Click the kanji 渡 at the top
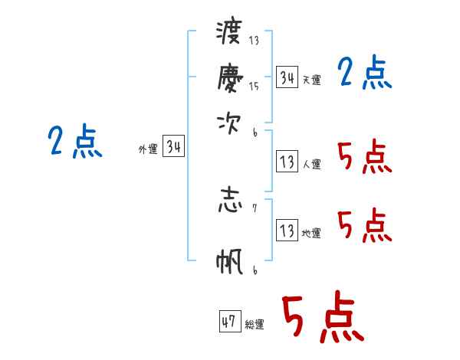tap(228, 32)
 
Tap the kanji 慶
tap(230, 78)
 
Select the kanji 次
tap(228, 124)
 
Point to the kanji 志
tap(230, 201)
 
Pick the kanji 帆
tap(229, 261)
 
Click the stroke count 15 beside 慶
tap(254, 86)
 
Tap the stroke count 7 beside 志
tap(255, 208)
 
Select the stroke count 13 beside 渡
tap(254, 40)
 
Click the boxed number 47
tap(230, 321)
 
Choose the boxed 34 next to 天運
tap(287, 77)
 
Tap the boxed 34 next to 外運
tap(174, 146)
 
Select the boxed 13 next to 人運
tap(287, 161)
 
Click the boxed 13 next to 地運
tap(287, 230)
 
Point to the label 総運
tap(255, 324)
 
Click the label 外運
tap(148, 149)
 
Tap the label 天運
tap(312, 80)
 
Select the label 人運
tap(312, 164)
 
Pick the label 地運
tap(311, 233)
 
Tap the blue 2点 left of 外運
tap(75, 141)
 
